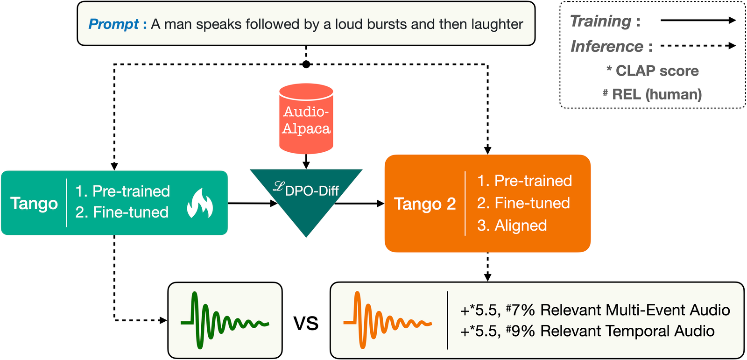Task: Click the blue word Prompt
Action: click(x=113, y=24)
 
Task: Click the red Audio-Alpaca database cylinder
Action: click(x=306, y=119)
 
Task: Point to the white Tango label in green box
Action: click(x=34, y=203)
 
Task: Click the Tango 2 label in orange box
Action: click(x=425, y=204)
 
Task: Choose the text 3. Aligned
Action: click(x=512, y=226)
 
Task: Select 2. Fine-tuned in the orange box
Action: click(x=523, y=203)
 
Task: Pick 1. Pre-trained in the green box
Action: click(x=123, y=191)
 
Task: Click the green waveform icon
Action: click(x=225, y=320)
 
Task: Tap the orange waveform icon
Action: click(x=388, y=320)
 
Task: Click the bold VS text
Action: click(x=306, y=323)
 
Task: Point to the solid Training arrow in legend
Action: click(x=698, y=21)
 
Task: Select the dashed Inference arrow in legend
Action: click(x=698, y=46)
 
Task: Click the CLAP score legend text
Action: click(x=653, y=71)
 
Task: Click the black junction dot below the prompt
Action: click(x=306, y=64)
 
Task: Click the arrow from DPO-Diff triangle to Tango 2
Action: click(x=359, y=203)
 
